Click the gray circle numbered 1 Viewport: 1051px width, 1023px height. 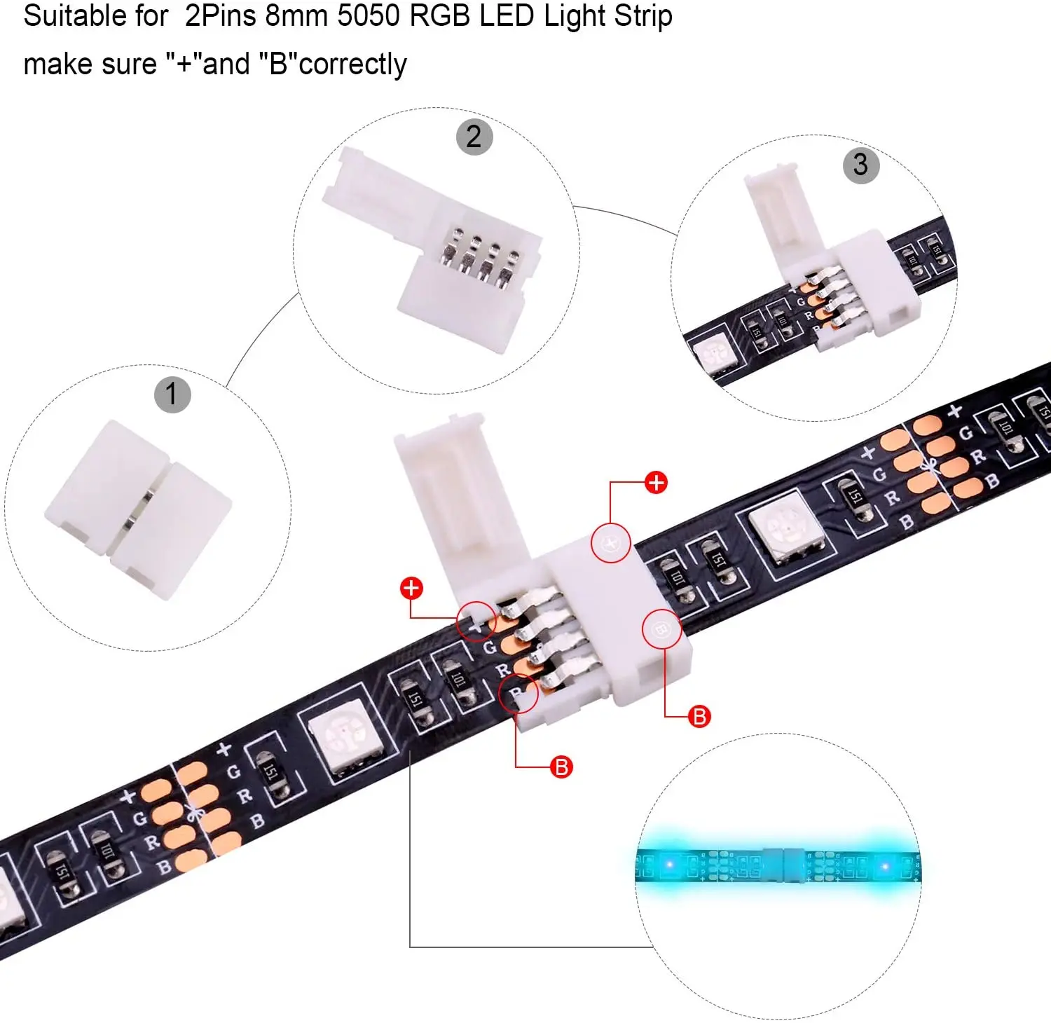[x=172, y=394]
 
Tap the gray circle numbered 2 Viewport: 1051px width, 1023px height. [x=474, y=137]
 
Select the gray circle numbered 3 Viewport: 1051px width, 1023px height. [x=860, y=165]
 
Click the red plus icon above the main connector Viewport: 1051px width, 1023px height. [x=656, y=483]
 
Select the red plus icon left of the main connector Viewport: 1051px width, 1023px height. [x=411, y=588]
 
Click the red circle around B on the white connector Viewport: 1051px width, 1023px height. [x=661, y=629]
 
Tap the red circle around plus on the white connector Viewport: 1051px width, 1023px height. [x=610, y=542]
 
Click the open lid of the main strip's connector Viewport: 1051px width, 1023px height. [x=455, y=490]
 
